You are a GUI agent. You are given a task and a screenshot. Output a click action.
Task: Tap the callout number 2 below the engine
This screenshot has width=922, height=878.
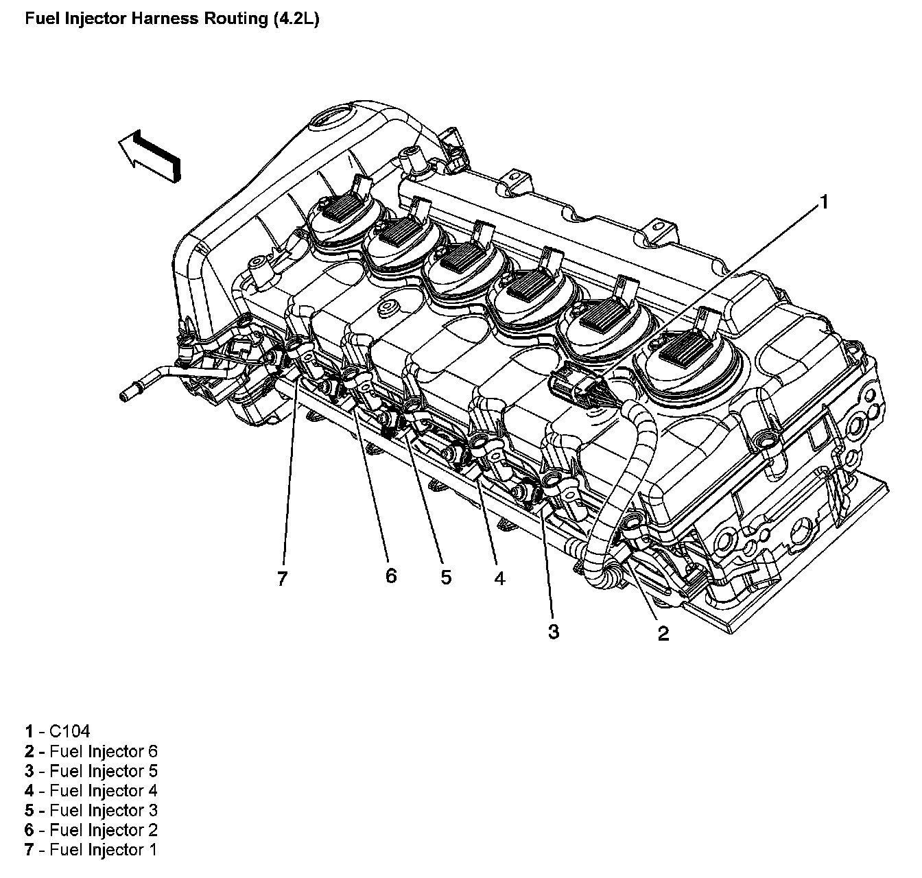663,633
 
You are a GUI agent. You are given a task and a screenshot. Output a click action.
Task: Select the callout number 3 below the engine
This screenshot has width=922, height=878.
553,631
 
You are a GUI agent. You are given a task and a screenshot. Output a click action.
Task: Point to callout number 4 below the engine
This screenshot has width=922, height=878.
499,578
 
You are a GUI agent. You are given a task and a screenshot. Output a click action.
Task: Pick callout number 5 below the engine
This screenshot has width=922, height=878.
446,578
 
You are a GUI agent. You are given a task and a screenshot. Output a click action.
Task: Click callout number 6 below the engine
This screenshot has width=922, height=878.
390,575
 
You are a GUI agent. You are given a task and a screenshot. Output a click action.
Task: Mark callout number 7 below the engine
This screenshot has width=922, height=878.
281,579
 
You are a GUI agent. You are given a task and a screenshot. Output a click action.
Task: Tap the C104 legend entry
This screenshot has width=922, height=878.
58,731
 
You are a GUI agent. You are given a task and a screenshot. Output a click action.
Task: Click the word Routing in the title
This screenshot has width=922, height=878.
233,19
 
